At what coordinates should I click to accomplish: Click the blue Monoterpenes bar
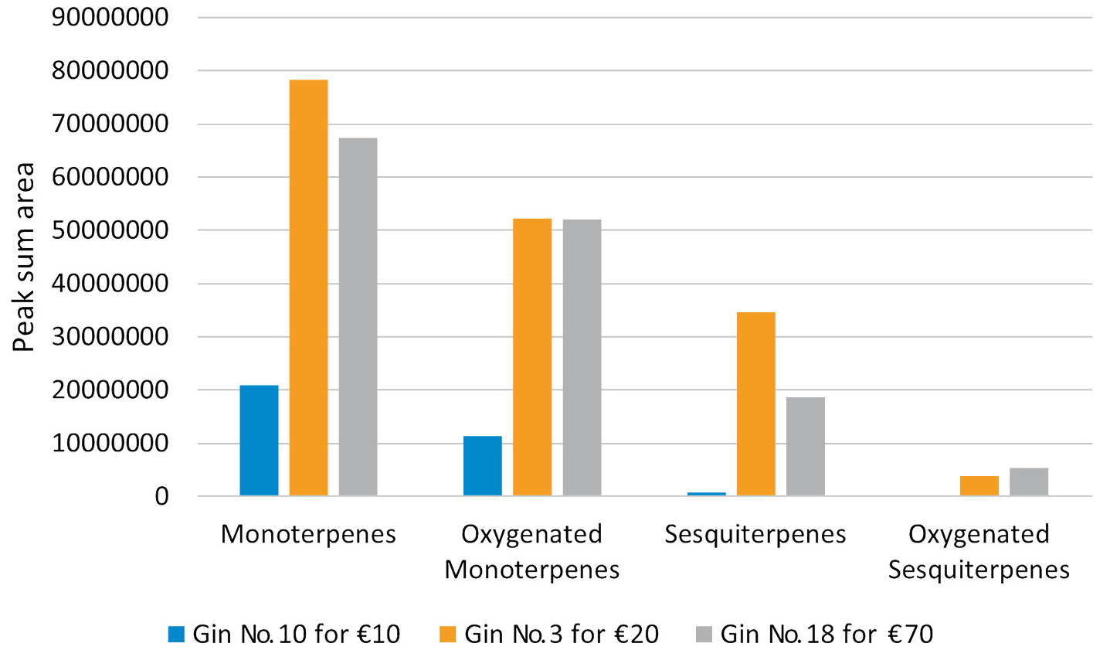pyautogui.click(x=259, y=440)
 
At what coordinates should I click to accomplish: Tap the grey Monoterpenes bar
pyautogui.click(x=358, y=316)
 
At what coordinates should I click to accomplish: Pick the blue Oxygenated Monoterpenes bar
pyautogui.click(x=483, y=465)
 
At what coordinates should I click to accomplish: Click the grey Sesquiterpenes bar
pyautogui.click(x=805, y=446)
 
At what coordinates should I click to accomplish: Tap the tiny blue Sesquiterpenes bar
pyautogui.click(x=706, y=493)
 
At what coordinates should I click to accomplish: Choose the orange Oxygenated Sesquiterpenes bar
pyautogui.click(x=979, y=485)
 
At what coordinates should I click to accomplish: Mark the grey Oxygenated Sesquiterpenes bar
pyautogui.click(x=1028, y=482)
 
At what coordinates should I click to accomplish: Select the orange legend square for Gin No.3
pyautogui.click(x=448, y=635)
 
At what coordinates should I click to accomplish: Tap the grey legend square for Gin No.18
pyautogui.click(x=704, y=635)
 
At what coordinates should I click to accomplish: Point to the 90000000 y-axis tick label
pyautogui.click(x=110, y=17)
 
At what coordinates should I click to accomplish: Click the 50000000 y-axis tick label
pyautogui.click(x=110, y=230)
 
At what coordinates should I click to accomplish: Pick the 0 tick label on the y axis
pyautogui.click(x=161, y=496)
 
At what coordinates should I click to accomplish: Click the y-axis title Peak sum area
pyautogui.click(x=24, y=257)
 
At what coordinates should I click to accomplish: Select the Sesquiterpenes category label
pyautogui.click(x=755, y=534)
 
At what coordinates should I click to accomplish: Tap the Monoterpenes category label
pyautogui.click(x=308, y=534)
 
